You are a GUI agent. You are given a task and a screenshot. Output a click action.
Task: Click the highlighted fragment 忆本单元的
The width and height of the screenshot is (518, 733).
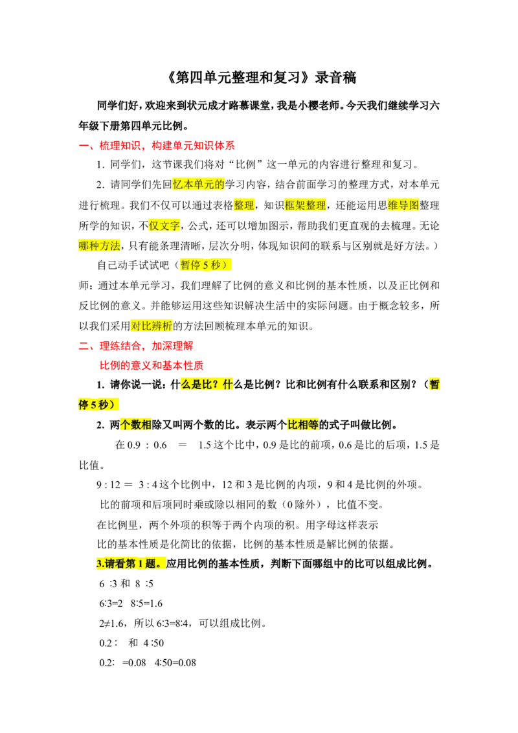[199, 185]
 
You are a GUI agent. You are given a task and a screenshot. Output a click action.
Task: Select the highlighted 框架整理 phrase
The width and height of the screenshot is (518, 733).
[306, 205]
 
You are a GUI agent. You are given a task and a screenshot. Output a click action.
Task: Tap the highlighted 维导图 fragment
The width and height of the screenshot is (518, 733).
[403, 205]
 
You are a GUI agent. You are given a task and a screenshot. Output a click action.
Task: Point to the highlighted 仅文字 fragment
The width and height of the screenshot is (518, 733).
[164, 226]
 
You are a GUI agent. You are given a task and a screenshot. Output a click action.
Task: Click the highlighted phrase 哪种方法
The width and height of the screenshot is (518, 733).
[100, 246]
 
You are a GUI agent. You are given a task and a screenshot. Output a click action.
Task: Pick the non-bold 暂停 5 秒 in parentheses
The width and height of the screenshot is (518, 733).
[204, 265]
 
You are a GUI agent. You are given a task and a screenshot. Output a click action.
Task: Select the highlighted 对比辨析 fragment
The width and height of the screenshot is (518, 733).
[152, 326]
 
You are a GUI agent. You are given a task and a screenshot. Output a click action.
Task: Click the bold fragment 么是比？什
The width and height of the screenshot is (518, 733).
[207, 385]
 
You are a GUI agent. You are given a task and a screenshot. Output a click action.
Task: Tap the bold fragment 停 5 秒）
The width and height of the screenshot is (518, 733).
[99, 405]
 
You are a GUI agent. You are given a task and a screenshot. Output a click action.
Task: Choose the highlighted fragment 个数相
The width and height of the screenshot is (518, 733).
[136, 425]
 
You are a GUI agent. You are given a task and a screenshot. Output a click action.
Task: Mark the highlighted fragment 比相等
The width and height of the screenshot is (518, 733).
[302, 425]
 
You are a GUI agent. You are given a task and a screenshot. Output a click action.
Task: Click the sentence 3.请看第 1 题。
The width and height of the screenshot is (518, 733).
[129, 563]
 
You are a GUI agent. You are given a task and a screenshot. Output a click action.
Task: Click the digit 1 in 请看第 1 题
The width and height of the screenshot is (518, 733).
[139, 563]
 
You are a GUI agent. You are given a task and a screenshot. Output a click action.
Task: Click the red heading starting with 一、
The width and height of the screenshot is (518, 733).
[157, 146]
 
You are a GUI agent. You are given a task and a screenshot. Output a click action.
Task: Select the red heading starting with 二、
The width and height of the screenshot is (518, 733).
[137, 346]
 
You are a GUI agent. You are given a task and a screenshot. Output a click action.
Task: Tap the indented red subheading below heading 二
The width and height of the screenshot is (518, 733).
[152, 365]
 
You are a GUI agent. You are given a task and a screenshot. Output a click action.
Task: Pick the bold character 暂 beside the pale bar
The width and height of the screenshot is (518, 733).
[434, 385]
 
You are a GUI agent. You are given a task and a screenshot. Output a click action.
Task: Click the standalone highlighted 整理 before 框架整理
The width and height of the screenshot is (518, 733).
[245, 205]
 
